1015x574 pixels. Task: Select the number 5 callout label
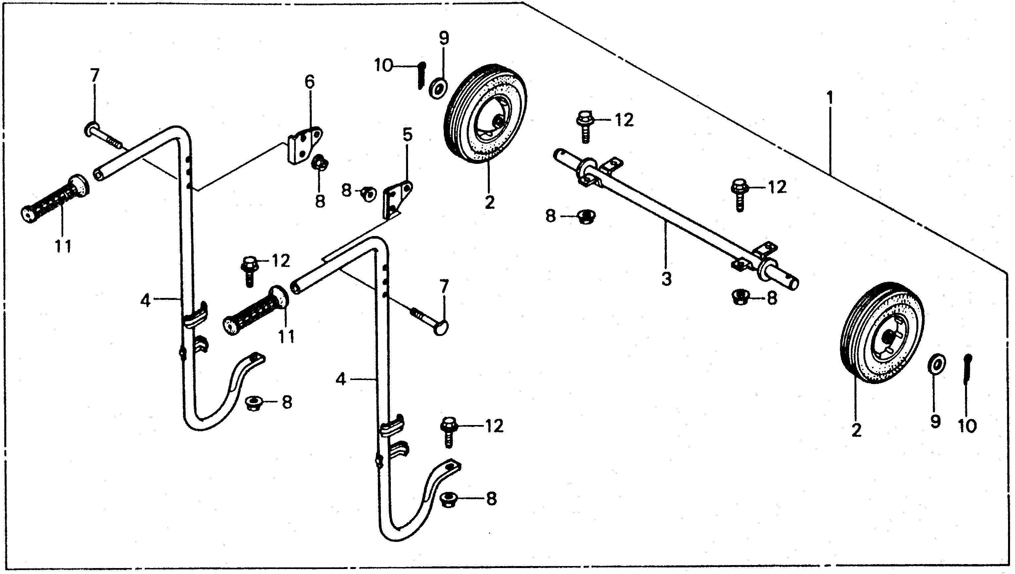coord(407,134)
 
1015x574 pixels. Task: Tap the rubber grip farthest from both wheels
coord(53,201)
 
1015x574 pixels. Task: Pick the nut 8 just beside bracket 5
coord(369,194)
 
